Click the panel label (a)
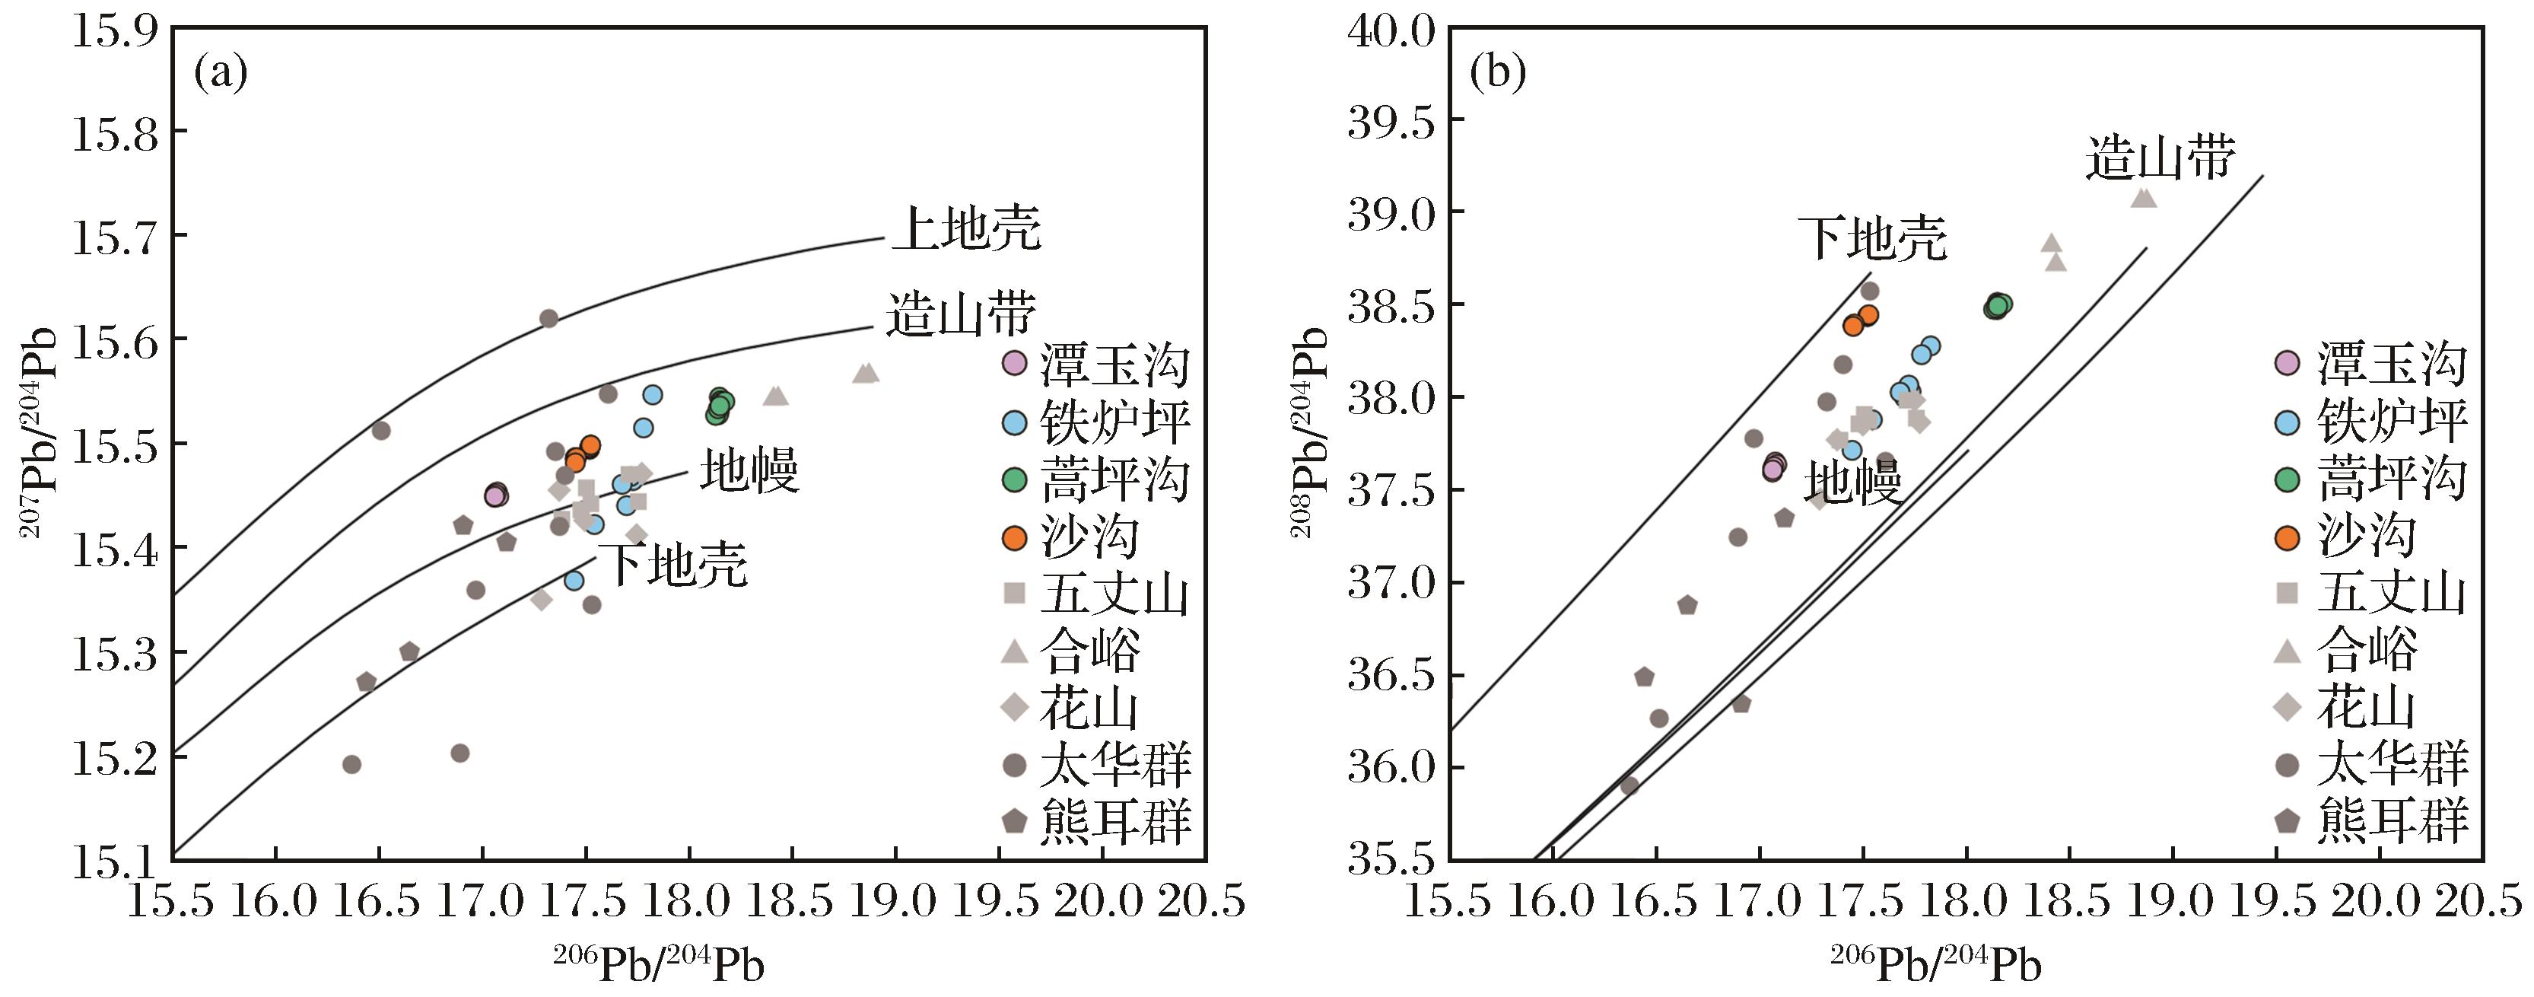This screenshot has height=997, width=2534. pos(221,74)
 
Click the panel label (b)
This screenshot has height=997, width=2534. pos(1498,74)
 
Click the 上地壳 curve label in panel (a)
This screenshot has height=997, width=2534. pos(966,229)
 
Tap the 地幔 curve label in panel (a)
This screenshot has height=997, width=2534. pos(749,470)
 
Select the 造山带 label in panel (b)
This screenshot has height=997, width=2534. pos(2160,158)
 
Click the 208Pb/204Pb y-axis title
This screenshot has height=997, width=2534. pos(1309,433)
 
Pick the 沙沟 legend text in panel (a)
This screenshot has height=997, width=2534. pos(1089,537)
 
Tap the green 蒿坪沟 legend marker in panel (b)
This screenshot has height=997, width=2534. pos(2288,479)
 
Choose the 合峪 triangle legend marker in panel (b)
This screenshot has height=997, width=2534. pos(2288,651)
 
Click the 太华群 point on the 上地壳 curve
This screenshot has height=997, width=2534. pos(549,318)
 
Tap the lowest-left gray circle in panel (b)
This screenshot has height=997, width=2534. pos(1630,785)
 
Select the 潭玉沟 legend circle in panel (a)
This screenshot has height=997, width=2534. pos(1014,363)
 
